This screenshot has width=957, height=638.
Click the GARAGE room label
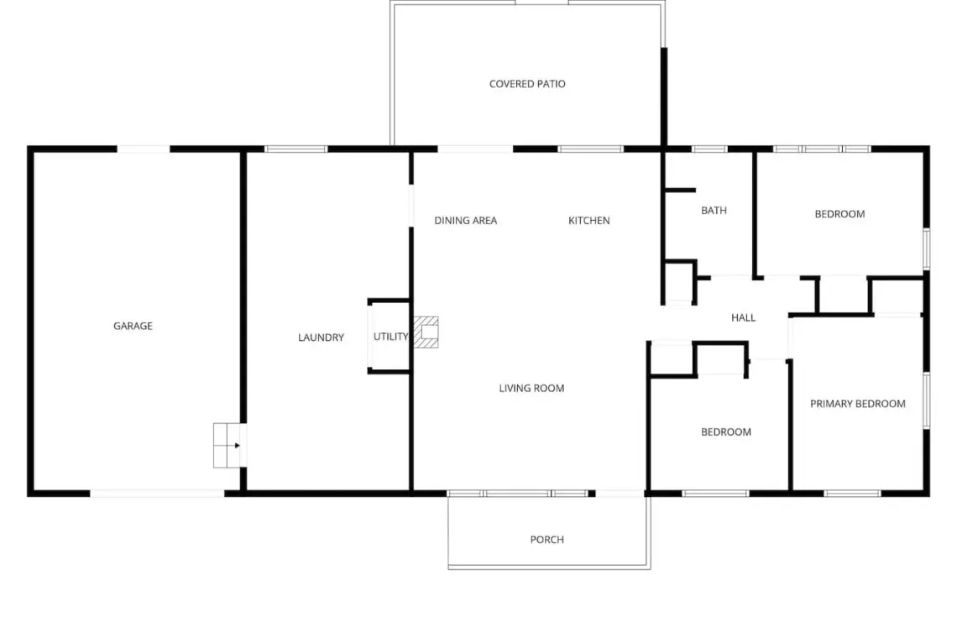133,326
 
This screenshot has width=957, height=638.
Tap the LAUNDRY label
321,337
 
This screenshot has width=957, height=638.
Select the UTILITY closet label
390,337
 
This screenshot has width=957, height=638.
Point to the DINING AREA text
466,221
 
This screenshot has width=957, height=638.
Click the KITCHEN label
589,221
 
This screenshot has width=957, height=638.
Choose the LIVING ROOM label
531,388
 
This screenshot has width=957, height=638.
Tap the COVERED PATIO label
527,84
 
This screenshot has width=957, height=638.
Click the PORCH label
546,539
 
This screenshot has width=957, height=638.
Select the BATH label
714,211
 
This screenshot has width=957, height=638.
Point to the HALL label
744,317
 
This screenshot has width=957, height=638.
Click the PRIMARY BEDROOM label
857,404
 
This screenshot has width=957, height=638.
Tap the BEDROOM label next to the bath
839,214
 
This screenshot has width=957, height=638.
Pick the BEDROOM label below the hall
725,431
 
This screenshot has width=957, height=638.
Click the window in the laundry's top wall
296,149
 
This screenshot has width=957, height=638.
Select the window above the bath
709,149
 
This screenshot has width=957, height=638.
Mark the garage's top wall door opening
143,149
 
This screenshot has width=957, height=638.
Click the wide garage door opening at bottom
158,494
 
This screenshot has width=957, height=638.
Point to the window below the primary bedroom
852,494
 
